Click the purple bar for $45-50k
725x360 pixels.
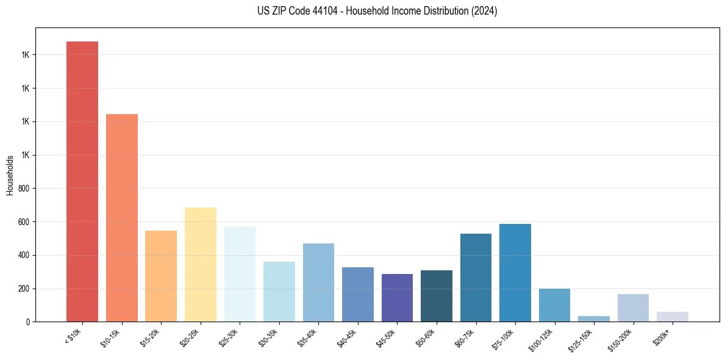click(397, 298)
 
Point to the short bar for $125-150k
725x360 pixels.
click(594, 319)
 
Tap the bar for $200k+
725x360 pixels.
click(673, 317)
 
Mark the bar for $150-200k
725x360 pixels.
click(633, 308)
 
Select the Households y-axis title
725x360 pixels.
click(10, 175)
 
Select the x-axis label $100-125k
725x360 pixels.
click(543, 338)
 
